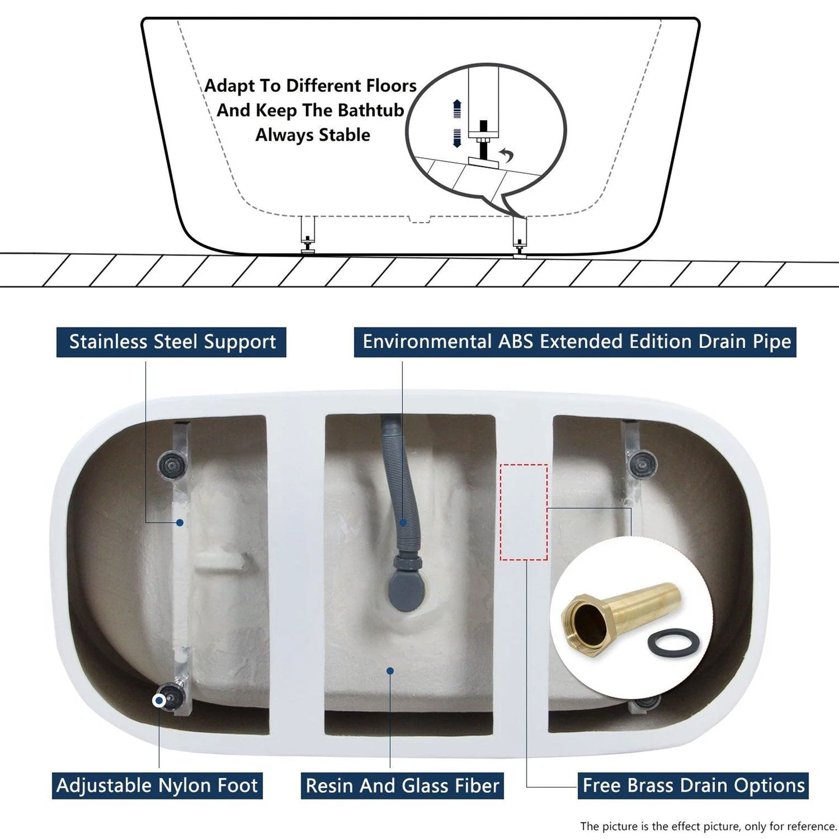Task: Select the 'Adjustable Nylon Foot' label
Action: click(157, 786)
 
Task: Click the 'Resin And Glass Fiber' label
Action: click(402, 786)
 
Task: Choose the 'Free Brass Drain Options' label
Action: click(693, 786)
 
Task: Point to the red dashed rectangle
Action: click(524, 512)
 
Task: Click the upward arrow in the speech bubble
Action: click(457, 109)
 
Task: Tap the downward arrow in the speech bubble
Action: click(457, 138)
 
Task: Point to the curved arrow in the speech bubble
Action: click(507, 155)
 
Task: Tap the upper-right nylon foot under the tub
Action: click(643, 463)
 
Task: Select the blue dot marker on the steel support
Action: click(180, 523)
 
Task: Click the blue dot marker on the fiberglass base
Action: click(390, 671)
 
